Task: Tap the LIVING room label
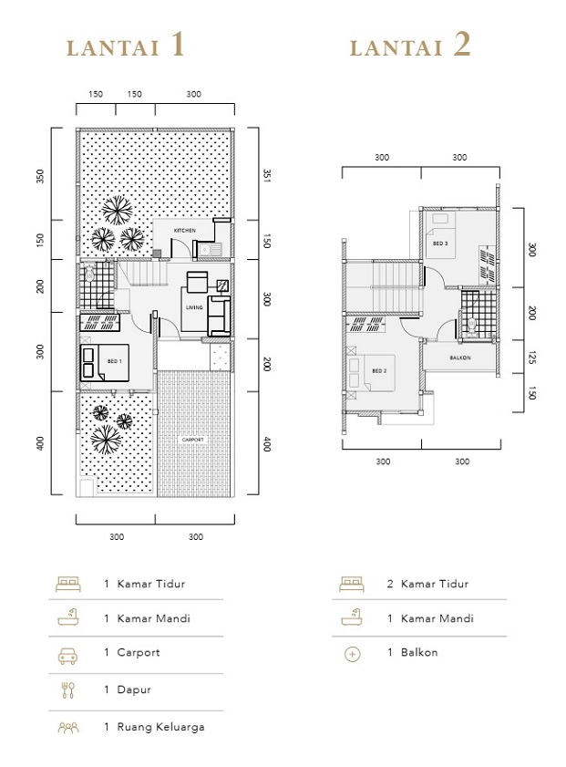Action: click(194, 307)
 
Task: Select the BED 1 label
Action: click(115, 362)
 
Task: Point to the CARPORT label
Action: click(193, 440)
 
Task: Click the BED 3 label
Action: click(440, 244)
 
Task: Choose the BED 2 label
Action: click(380, 370)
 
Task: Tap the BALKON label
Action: click(460, 358)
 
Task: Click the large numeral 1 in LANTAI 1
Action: click(177, 46)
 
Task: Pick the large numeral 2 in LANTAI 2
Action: click(461, 46)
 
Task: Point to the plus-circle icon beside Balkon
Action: click(353, 653)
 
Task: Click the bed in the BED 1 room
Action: click(90, 361)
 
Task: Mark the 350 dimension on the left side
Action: click(40, 175)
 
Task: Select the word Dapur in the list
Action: click(135, 689)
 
